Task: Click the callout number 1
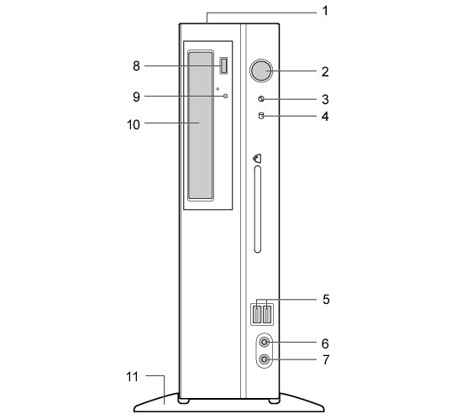(325, 11)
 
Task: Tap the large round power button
(261, 71)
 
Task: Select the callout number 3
(325, 99)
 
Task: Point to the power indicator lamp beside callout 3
(261, 99)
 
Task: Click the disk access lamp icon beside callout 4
(261, 116)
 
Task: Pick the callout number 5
(326, 300)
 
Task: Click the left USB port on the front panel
(257, 314)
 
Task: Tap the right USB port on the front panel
(268, 314)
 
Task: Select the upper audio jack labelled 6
(264, 343)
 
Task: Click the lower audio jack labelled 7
(264, 359)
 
